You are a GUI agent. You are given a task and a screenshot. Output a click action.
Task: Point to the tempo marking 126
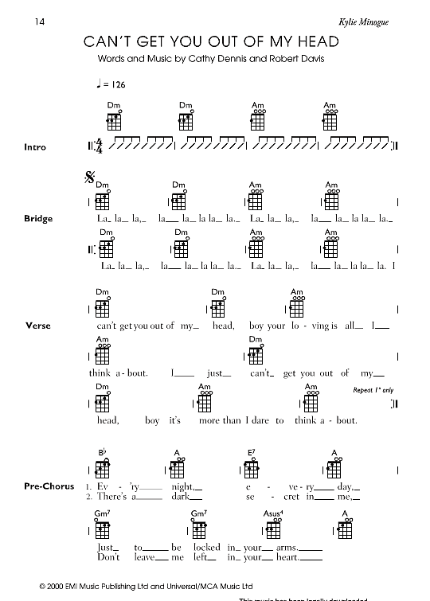(x=119, y=84)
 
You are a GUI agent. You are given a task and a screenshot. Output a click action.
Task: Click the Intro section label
(x=36, y=147)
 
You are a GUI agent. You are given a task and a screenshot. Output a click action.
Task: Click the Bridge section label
(x=38, y=218)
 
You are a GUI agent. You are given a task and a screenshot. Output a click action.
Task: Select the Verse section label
(x=38, y=326)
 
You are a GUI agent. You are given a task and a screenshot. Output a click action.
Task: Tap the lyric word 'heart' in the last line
(x=284, y=558)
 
